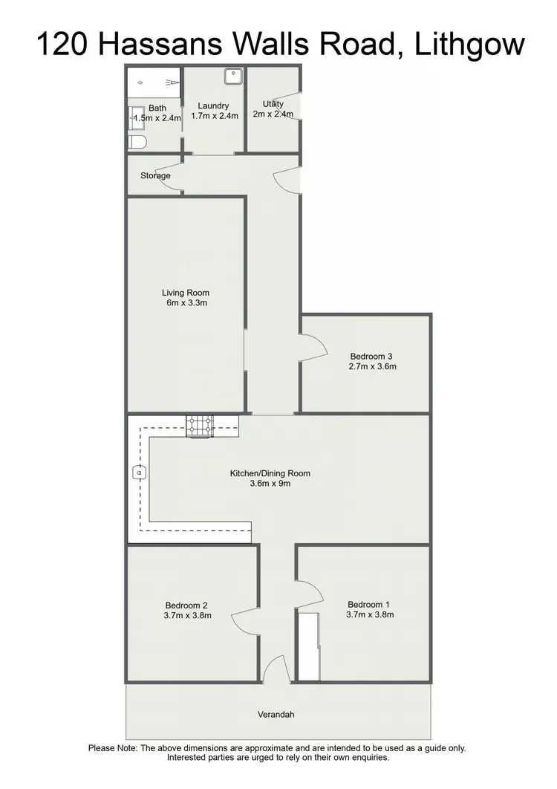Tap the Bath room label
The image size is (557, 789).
click(x=157, y=108)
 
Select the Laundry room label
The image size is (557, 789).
click(x=214, y=105)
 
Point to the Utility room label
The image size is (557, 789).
click(x=273, y=104)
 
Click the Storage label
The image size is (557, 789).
click(x=155, y=176)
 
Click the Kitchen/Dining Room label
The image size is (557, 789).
click(x=270, y=473)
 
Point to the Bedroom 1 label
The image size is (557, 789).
click(x=365, y=604)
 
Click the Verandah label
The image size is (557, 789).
click(x=276, y=715)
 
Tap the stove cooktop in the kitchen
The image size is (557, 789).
click(x=199, y=425)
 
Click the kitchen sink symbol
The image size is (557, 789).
click(x=139, y=471)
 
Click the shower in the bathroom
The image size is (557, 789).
click(x=154, y=82)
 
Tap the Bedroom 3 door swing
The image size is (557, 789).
click(x=313, y=345)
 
